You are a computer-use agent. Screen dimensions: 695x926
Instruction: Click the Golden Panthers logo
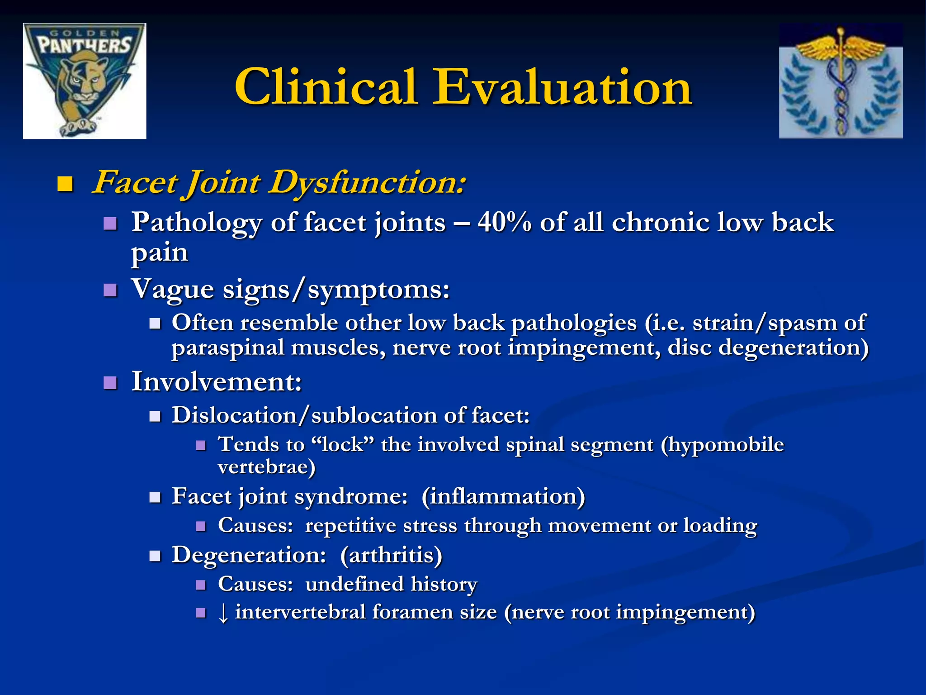click(x=85, y=81)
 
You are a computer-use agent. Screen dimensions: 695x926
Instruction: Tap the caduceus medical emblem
click(x=841, y=81)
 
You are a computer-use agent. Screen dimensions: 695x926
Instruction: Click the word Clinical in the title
click(x=326, y=87)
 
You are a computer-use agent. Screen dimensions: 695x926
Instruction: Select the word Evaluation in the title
click(x=562, y=87)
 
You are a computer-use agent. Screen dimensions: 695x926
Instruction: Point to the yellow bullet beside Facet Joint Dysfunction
click(x=66, y=184)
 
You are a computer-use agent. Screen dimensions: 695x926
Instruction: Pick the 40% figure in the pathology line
click(x=504, y=223)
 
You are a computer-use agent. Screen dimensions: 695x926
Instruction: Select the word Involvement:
click(x=217, y=382)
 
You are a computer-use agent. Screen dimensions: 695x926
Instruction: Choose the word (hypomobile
click(x=722, y=444)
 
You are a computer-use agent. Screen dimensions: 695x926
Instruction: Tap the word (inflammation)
click(x=503, y=496)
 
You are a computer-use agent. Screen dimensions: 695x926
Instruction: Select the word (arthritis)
click(x=391, y=555)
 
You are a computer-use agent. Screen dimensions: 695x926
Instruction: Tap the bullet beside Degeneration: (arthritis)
click(x=155, y=556)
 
